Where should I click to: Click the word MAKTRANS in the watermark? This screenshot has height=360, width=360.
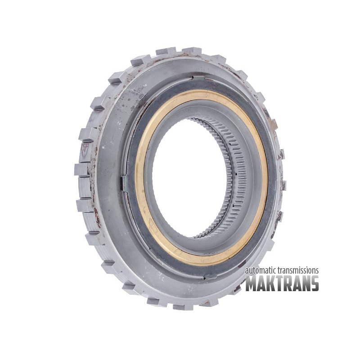[282, 283]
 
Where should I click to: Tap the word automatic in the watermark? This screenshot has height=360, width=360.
[261, 270]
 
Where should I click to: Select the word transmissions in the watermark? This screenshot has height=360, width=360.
[298, 270]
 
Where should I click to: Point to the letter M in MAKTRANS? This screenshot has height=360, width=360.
[251, 283]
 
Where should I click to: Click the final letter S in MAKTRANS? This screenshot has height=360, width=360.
[314, 283]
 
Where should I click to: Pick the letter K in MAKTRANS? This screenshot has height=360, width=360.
[272, 283]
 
